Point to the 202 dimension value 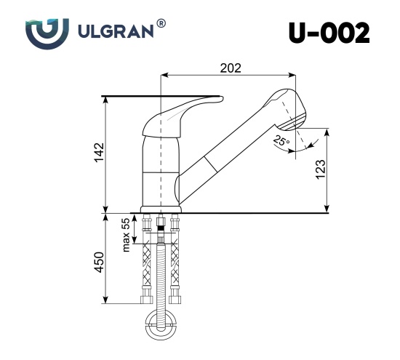click(230, 68)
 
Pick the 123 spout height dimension click(321, 169)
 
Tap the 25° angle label click(281, 140)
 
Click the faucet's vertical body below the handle click(159, 171)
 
